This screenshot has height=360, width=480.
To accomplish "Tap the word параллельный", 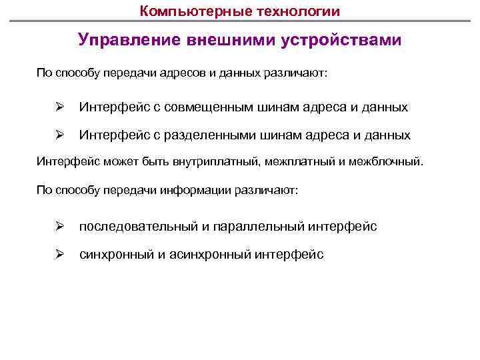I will pyautogui.click(x=257, y=227).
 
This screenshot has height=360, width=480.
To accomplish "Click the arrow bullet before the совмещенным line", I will pyautogui.click(x=58, y=107).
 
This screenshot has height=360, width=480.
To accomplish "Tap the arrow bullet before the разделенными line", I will pyautogui.click(x=58, y=135).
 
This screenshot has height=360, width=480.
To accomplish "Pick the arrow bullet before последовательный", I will pyautogui.click(x=58, y=227).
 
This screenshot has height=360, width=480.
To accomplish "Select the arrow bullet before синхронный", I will pyautogui.click(x=58, y=254).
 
